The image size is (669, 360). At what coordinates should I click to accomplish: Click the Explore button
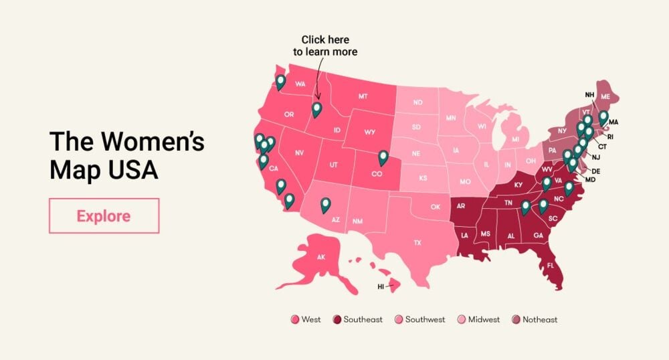click(x=104, y=215)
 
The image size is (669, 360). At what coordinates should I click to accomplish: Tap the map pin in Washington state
click(x=280, y=82)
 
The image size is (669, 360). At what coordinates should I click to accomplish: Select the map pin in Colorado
click(x=383, y=157)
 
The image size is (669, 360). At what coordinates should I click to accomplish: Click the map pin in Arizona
click(x=325, y=204)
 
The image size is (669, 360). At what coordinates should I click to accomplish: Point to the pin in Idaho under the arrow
click(x=316, y=109)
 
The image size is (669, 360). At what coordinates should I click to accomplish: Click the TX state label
click(x=417, y=242)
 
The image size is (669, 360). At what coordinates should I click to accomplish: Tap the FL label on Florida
click(x=551, y=265)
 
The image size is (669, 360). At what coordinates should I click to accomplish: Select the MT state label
click(x=363, y=96)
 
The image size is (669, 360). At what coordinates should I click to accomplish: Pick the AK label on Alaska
click(x=320, y=256)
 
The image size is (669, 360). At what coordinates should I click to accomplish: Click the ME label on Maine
click(x=605, y=97)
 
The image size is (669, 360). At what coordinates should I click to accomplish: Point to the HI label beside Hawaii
click(x=381, y=286)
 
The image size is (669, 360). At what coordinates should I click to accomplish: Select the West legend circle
click(x=294, y=319)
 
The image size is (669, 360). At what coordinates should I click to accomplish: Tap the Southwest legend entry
click(x=419, y=319)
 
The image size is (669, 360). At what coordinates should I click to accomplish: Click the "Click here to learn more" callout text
click(x=325, y=46)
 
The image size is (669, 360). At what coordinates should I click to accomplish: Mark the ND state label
click(x=417, y=102)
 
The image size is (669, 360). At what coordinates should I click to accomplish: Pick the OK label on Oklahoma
click(x=436, y=207)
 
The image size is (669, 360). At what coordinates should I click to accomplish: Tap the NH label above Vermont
click(x=589, y=94)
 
